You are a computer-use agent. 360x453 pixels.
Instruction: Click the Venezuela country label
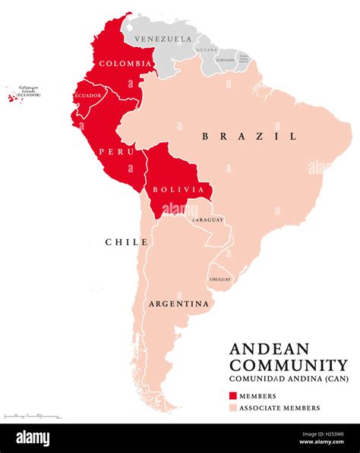point(162,39)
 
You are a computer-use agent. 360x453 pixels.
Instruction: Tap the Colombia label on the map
point(125,63)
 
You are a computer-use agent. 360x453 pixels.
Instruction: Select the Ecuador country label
point(87,96)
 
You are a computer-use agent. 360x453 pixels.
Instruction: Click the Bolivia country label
point(178,189)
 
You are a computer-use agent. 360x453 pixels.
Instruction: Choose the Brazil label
point(248,137)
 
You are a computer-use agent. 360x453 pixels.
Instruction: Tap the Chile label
point(126,242)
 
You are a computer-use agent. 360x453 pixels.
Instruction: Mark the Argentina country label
point(178,304)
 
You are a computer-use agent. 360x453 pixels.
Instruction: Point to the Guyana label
point(206,49)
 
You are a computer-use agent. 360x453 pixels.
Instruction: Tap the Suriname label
point(226,58)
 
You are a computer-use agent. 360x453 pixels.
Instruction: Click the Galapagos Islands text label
point(28,90)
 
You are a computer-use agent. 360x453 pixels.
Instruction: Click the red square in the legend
point(233,395)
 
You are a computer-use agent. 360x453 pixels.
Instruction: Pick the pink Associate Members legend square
point(233,407)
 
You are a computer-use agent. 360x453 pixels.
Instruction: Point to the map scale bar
point(30,416)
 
